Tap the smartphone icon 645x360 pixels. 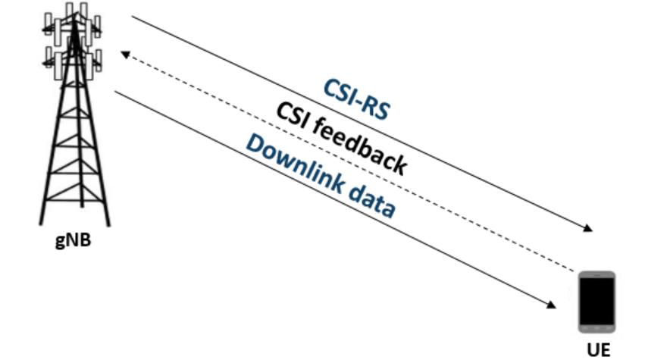(x=596, y=302)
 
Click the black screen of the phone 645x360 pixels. (x=596, y=301)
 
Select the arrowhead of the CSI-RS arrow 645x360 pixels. (x=588, y=229)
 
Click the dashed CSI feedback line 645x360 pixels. (x=349, y=162)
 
